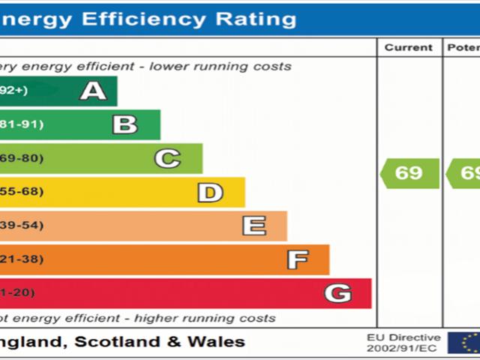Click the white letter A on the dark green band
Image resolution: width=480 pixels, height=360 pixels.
(93, 91)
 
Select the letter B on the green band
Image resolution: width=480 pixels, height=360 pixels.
(124, 124)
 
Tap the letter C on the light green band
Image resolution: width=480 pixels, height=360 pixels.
(167, 158)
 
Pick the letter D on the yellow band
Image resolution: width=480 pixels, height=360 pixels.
(210, 192)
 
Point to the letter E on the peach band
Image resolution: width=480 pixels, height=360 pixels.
(254, 226)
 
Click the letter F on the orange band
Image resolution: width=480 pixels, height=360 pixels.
(297, 259)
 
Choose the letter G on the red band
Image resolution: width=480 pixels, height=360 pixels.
(337, 293)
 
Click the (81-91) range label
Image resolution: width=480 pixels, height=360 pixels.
(22, 124)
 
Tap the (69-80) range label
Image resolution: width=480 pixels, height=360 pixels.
(22, 158)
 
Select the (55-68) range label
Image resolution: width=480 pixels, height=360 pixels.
(22, 192)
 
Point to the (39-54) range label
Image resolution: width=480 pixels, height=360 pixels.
(22, 226)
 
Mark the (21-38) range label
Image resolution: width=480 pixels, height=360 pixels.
(22, 259)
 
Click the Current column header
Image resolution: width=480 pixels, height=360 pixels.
(409, 47)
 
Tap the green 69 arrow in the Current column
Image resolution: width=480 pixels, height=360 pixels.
(409, 173)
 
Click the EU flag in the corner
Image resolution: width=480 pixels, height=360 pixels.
(464, 343)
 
